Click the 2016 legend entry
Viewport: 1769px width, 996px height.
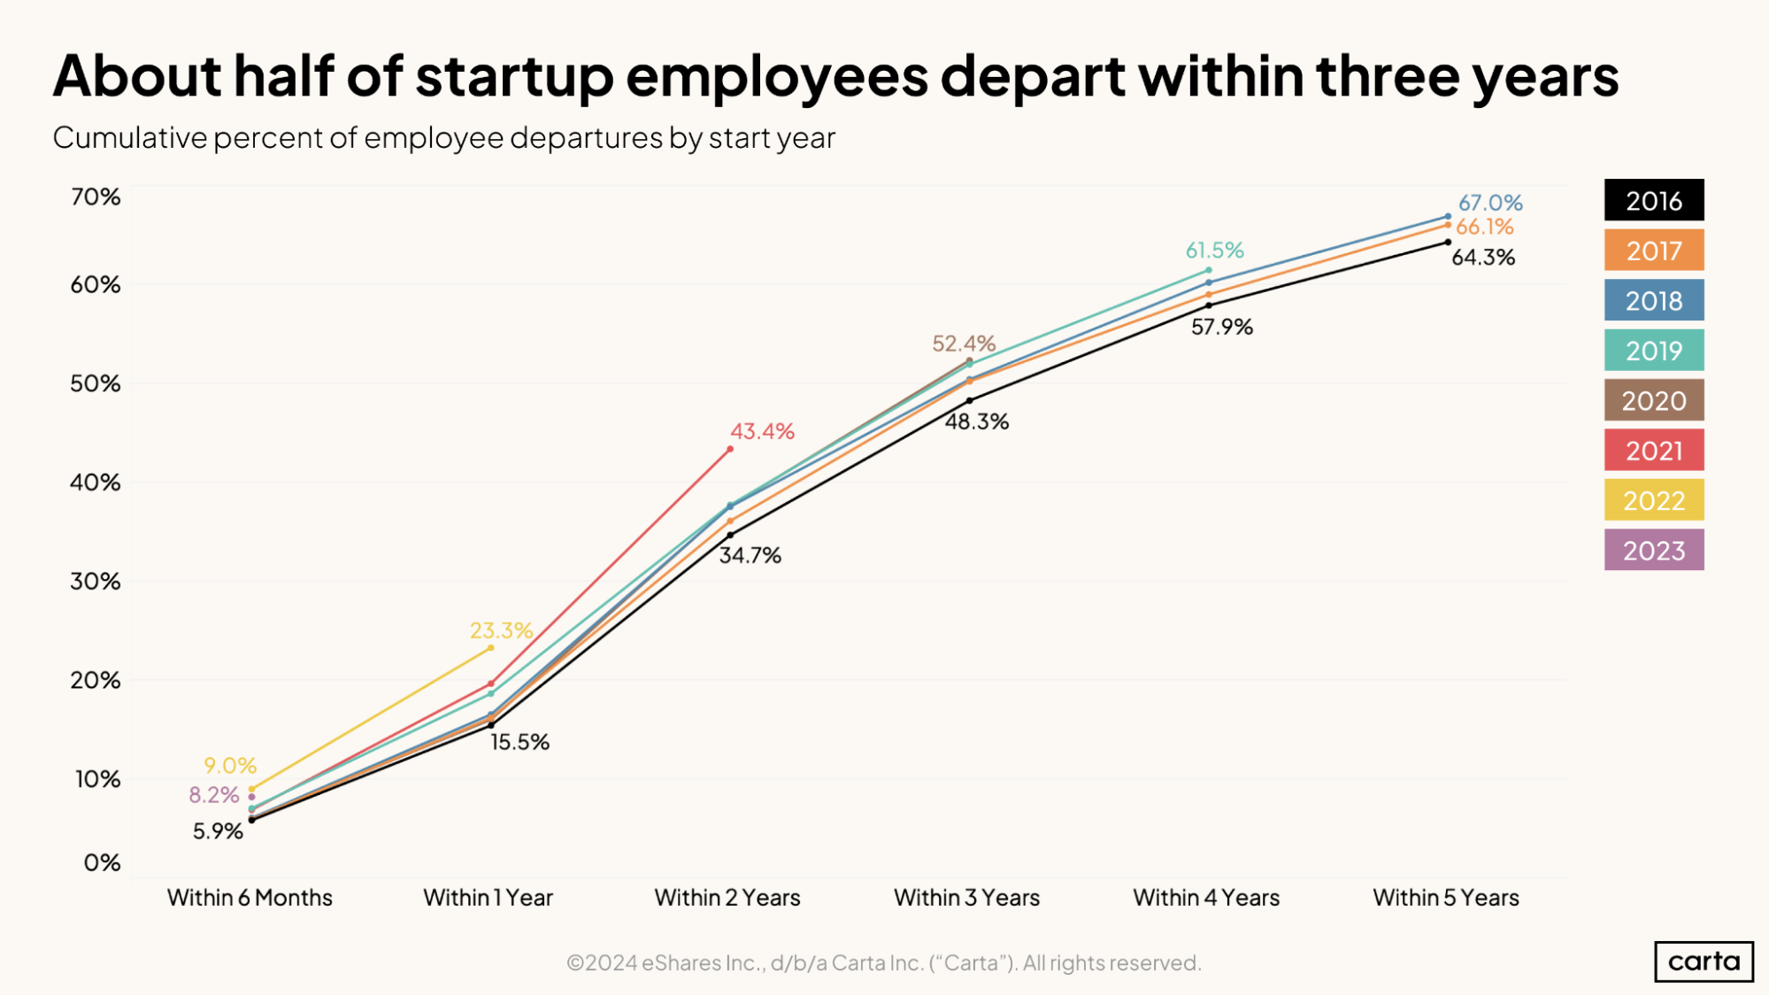(1653, 201)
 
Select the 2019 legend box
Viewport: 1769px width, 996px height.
(1653, 351)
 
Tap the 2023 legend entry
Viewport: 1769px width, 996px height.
(1653, 551)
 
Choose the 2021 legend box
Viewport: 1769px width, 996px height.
(1653, 451)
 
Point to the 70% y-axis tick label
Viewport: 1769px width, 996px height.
(96, 197)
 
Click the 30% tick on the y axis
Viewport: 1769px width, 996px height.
(96, 582)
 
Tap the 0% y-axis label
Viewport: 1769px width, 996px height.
(102, 863)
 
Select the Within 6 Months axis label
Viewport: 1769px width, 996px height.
(250, 898)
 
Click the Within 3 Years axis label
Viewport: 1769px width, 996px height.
(966, 898)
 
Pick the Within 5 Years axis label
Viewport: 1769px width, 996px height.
(1445, 898)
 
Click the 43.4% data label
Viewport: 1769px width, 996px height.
(762, 431)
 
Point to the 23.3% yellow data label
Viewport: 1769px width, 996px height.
(501, 630)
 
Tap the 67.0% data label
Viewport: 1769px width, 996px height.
(1490, 203)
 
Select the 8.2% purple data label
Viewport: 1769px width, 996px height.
(214, 795)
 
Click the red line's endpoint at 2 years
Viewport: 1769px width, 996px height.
(730, 450)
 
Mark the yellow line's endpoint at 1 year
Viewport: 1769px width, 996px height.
(491, 648)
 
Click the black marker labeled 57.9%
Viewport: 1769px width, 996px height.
(1209, 305)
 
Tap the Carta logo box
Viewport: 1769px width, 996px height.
(1704, 961)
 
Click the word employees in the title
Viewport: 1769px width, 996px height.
(777, 76)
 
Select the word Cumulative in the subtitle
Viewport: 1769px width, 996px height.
(129, 138)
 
